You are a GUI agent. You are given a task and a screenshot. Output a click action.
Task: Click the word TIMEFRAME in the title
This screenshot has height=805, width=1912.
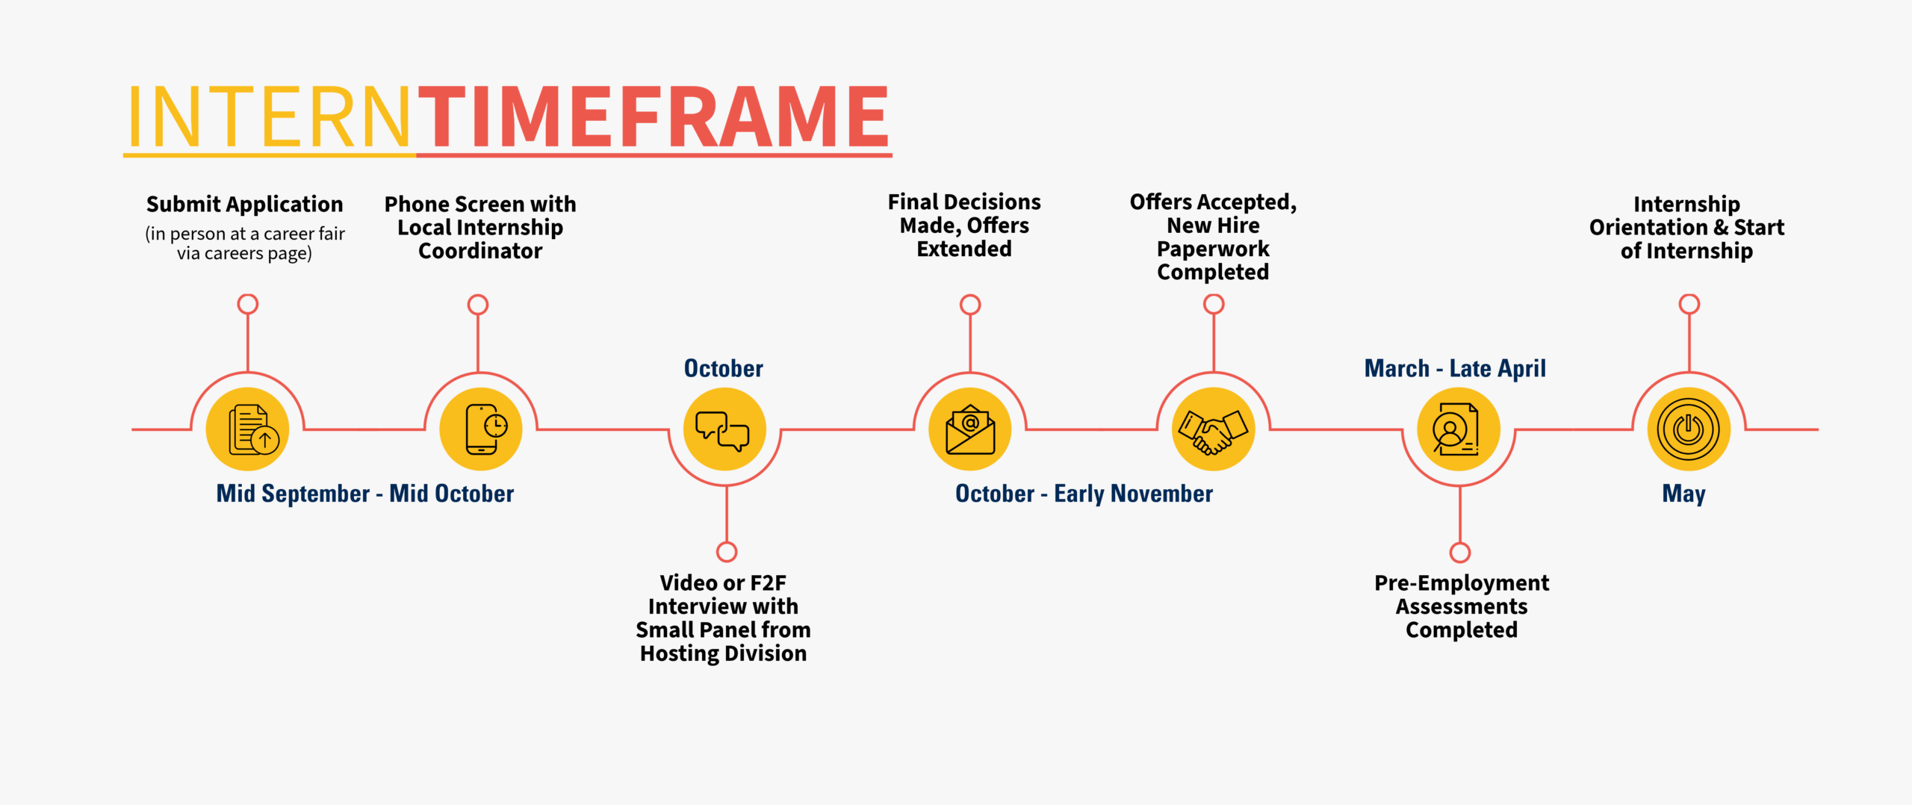(653, 116)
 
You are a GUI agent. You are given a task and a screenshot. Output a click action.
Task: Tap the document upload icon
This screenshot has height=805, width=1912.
(247, 429)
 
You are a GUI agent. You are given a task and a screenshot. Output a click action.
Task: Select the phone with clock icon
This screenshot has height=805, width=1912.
(481, 429)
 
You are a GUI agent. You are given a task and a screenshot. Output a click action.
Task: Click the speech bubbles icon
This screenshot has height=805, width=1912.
(724, 429)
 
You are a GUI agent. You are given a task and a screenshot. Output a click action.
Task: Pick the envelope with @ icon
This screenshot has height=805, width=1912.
(969, 429)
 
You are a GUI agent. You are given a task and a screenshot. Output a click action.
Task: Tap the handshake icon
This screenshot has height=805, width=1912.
(1214, 429)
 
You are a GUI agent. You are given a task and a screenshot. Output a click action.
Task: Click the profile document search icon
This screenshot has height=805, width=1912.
(1458, 429)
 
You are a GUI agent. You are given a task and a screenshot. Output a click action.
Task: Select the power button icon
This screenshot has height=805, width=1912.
(1689, 429)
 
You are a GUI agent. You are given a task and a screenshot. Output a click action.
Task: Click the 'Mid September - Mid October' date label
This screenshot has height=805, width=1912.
(364, 494)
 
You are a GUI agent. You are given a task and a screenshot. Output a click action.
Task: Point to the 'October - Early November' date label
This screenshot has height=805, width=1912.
(1084, 494)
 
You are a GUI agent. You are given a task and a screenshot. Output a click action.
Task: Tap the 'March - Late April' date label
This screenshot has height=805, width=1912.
(1455, 368)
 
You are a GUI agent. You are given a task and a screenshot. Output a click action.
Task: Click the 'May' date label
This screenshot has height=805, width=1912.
(1683, 494)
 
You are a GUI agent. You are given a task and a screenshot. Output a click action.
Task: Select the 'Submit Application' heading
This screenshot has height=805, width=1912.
(244, 204)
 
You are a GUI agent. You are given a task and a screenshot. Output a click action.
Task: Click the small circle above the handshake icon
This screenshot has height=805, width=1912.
(1214, 304)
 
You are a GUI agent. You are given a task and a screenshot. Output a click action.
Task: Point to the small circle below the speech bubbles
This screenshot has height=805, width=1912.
(727, 552)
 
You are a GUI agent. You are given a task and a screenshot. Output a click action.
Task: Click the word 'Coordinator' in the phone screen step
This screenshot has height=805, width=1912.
(480, 251)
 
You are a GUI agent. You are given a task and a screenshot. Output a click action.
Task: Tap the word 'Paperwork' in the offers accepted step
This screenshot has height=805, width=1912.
(1213, 249)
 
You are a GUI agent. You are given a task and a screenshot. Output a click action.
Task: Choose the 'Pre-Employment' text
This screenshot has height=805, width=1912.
(1462, 582)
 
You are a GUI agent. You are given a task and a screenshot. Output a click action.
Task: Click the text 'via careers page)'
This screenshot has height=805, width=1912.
(244, 254)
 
